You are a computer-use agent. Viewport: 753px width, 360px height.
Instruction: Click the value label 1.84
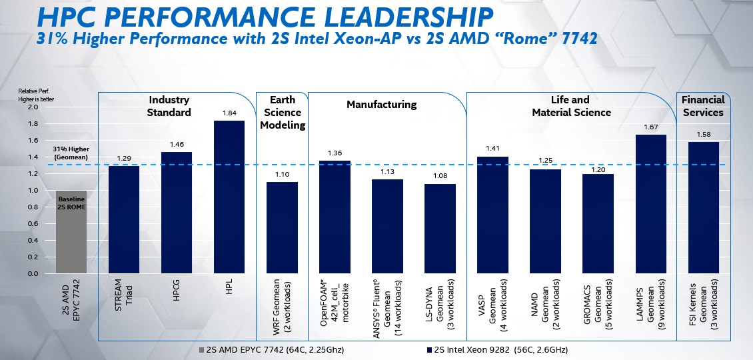coord(229,113)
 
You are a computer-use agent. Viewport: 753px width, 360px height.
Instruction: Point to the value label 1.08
coord(440,177)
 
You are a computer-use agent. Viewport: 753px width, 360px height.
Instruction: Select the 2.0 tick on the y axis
coord(33,107)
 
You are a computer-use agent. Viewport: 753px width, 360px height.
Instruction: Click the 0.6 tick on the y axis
coord(33,224)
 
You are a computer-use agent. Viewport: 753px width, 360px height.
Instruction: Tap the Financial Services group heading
coord(702,106)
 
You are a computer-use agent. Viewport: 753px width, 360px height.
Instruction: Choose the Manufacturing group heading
coord(381,104)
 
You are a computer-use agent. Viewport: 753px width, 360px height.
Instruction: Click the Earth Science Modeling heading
coord(283,112)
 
